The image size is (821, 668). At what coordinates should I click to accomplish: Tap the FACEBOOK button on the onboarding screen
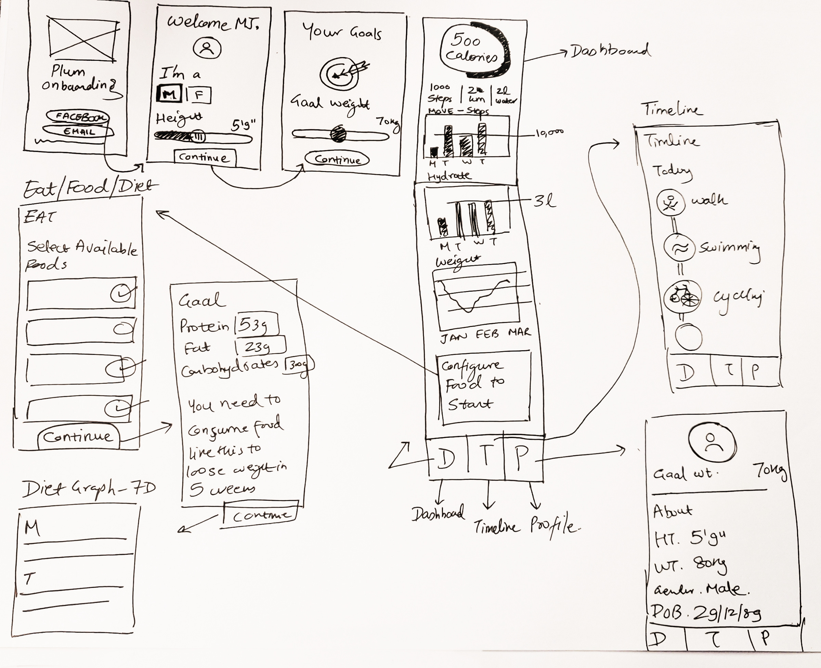(78, 116)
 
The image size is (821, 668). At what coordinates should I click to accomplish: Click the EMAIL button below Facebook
(79, 132)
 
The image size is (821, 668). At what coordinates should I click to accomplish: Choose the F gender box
(199, 95)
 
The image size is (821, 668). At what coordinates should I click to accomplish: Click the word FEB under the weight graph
(487, 334)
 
